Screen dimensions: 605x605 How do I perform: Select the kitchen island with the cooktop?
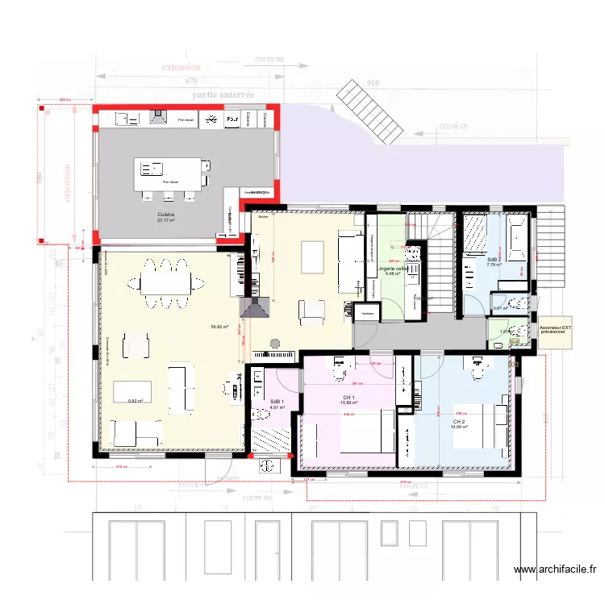click(169, 172)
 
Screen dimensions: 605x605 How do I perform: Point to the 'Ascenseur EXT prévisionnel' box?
click(555, 331)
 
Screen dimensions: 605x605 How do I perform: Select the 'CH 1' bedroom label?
click(348, 398)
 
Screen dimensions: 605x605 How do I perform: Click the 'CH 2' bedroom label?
click(459, 422)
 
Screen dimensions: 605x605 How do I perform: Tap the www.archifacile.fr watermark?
click(556, 570)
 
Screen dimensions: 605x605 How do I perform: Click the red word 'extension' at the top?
click(181, 67)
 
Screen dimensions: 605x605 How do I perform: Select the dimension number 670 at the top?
click(191, 81)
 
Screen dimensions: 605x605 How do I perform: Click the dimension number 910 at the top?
click(372, 82)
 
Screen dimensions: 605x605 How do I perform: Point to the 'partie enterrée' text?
click(223, 94)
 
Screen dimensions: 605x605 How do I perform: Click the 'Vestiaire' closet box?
click(368, 313)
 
